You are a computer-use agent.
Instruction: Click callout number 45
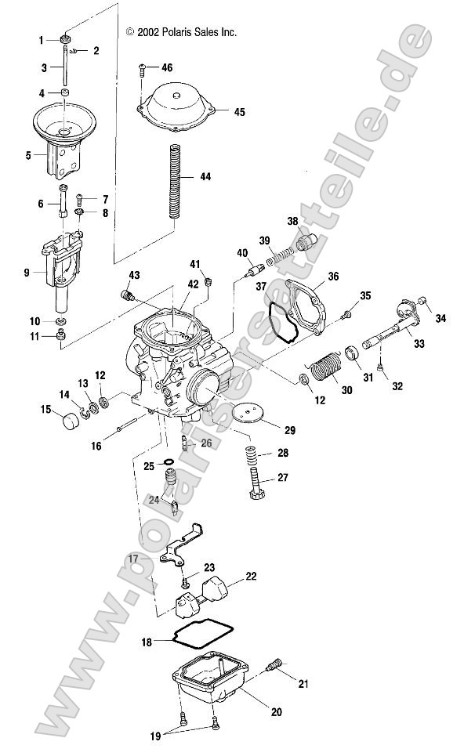point(239,112)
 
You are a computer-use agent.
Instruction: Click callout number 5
point(28,155)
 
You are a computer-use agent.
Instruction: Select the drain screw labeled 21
point(275,667)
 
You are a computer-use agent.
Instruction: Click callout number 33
point(420,343)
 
